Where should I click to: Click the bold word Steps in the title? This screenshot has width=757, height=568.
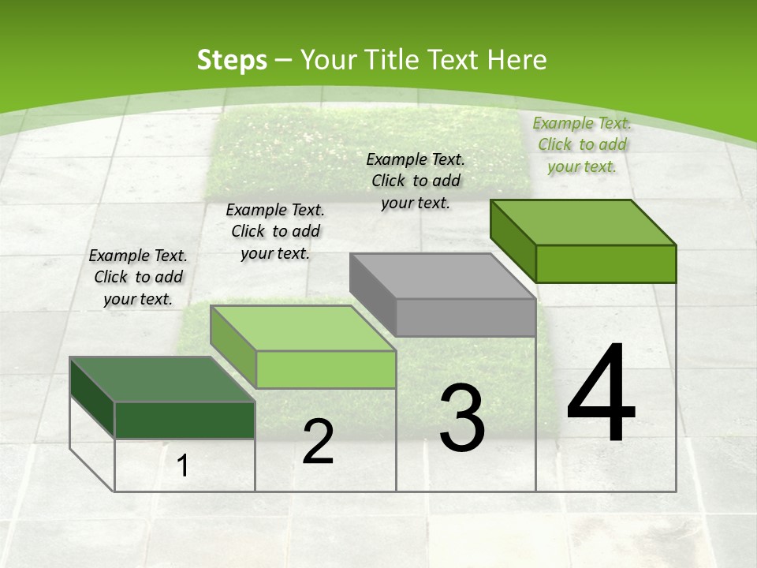pyautogui.click(x=232, y=60)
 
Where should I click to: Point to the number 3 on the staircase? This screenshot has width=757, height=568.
pyautogui.click(x=462, y=418)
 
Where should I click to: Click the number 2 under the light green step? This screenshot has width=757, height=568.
pyautogui.click(x=318, y=442)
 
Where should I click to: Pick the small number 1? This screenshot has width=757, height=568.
pyautogui.click(x=183, y=466)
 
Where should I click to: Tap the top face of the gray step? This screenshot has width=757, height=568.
pyautogui.click(x=442, y=276)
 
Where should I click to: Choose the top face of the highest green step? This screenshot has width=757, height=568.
pyautogui.click(x=583, y=222)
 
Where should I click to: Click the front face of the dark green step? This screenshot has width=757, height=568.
pyautogui.click(x=185, y=420)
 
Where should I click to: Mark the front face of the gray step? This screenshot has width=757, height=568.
pyautogui.click(x=465, y=317)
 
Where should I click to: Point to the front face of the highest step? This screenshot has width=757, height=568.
pyautogui.click(x=606, y=263)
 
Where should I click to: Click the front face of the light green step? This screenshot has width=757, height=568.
pyautogui.click(x=326, y=369)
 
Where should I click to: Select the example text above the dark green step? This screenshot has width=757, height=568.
pyautogui.click(x=139, y=277)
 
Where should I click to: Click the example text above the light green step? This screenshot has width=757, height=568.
pyautogui.click(x=275, y=231)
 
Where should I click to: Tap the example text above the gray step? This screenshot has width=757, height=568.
pyautogui.click(x=416, y=181)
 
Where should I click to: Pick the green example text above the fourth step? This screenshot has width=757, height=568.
pyautogui.click(x=583, y=144)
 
